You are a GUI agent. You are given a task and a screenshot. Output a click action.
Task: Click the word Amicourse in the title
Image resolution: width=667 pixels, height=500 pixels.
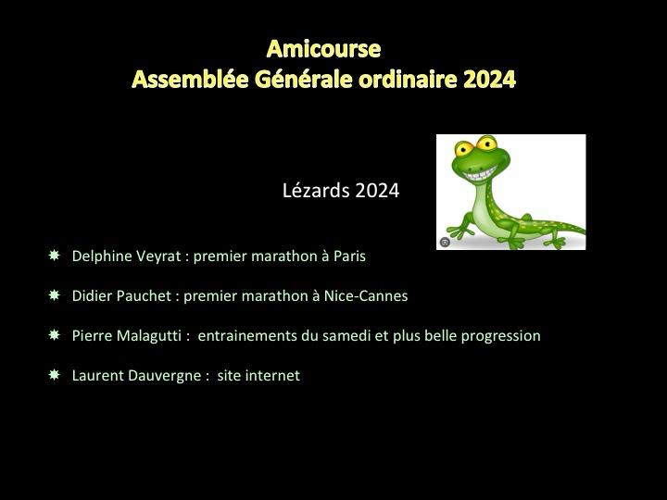point(323,48)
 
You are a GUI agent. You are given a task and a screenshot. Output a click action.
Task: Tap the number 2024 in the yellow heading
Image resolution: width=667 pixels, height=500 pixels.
point(490,79)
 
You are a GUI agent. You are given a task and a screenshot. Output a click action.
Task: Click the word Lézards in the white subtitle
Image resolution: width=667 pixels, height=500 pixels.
point(316,190)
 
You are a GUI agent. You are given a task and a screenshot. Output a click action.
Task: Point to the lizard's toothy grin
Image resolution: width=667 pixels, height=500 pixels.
point(481,173)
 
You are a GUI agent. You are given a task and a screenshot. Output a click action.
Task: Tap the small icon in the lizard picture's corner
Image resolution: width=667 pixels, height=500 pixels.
point(445,243)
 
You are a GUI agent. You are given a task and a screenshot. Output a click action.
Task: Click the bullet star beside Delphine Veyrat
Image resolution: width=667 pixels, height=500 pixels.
point(55,256)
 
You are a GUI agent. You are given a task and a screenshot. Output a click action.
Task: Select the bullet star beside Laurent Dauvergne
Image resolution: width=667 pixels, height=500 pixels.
point(55,375)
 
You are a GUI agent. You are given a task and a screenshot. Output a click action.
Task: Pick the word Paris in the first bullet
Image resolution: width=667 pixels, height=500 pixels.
point(349,256)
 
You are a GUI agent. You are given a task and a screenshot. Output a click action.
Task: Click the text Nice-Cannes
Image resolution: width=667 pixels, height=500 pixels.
point(366,296)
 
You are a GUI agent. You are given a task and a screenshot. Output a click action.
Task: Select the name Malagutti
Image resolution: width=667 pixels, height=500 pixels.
point(149,336)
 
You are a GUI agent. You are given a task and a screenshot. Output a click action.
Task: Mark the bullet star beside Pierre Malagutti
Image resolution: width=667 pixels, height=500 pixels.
point(55,334)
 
